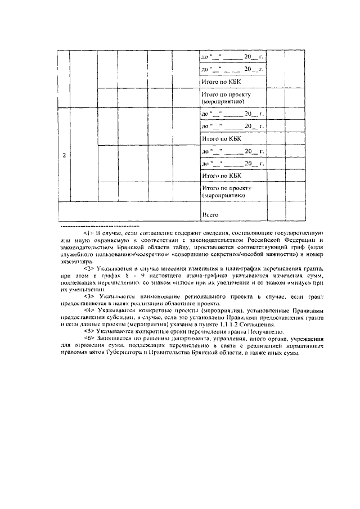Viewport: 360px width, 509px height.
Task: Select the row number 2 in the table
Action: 64,155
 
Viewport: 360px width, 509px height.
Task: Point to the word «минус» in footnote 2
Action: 295,285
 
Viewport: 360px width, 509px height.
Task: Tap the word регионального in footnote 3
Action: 193,295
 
